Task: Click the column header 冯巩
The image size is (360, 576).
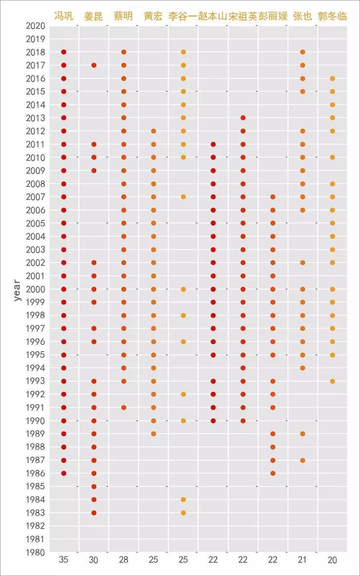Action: click(x=63, y=16)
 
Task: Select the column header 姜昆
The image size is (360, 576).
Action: click(x=93, y=16)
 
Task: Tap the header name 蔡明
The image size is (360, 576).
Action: click(x=123, y=16)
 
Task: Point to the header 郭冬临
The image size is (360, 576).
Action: click(x=332, y=16)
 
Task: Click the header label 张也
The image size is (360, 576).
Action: click(x=303, y=16)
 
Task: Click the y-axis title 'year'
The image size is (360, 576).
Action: click(x=18, y=290)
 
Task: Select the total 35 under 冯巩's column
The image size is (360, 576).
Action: click(x=63, y=560)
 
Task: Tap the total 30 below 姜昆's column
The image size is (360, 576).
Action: click(x=93, y=560)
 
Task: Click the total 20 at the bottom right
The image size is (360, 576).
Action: click(x=332, y=560)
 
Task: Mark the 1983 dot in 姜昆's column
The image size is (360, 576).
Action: click(x=94, y=513)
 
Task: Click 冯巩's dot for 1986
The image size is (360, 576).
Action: click(x=64, y=473)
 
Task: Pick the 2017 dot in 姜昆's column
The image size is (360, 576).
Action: click(x=94, y=65)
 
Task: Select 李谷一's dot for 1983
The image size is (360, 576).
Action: click(x=183, y=513)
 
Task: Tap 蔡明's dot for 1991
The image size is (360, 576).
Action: click(x=124, y=408)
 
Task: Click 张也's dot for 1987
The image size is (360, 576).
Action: click(x=303, y=460)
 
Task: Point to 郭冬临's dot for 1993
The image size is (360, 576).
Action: click(x=333, y=381)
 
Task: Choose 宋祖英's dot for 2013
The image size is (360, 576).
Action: click(x=243, y=118)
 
